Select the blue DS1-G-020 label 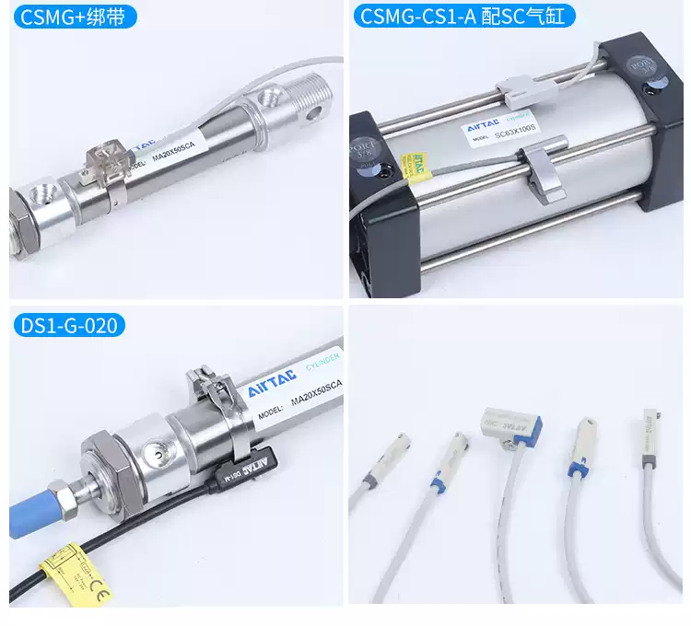coord(71,325)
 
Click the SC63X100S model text coord(521,134)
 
